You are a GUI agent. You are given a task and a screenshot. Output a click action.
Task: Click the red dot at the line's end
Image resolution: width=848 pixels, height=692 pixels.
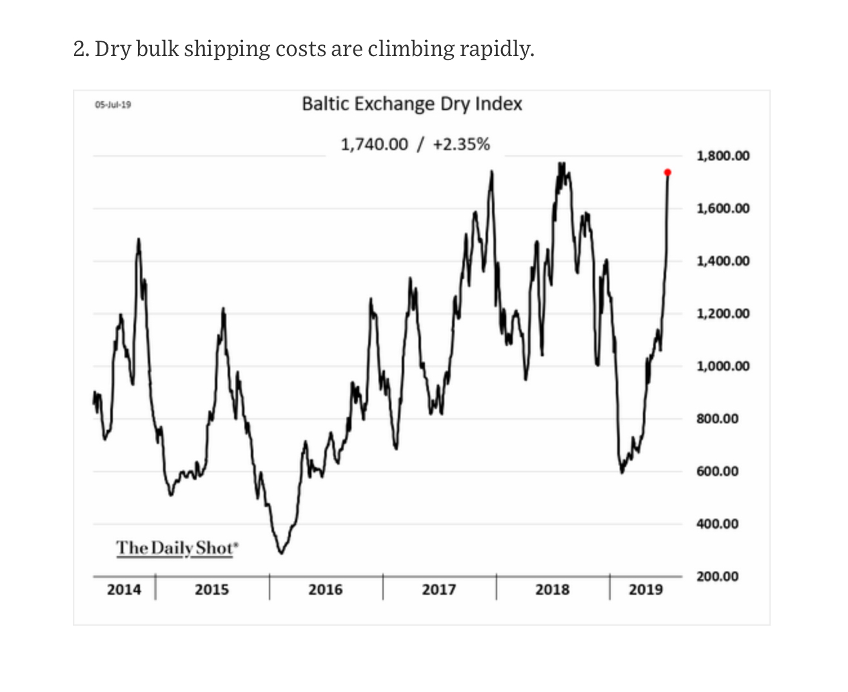point(667,172)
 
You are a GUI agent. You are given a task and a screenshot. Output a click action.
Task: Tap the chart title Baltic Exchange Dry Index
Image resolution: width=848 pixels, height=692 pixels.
point(411,104)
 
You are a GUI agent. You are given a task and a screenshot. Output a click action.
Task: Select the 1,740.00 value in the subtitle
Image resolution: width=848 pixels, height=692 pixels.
point(374,144)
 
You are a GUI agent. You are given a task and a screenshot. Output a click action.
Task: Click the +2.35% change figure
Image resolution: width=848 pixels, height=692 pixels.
point(461,144)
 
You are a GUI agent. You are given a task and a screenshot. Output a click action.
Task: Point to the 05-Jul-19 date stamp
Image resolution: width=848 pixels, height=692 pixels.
point(113,104)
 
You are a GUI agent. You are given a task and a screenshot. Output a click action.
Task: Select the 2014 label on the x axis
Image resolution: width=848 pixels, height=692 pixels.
point(124,589)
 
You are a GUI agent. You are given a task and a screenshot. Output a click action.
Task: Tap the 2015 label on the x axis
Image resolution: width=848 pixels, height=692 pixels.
point(212,589)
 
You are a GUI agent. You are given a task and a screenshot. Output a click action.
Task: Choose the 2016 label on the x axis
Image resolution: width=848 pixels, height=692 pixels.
point(325,589)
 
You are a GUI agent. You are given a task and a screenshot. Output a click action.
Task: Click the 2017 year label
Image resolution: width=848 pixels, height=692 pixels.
point(439,589)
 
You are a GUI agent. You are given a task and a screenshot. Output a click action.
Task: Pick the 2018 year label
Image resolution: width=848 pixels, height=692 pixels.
point(552,589)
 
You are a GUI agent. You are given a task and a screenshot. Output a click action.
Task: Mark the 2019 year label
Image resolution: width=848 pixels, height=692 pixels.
point(645,589)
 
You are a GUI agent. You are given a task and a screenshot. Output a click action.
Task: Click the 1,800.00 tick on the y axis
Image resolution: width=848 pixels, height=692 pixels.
point(723,156)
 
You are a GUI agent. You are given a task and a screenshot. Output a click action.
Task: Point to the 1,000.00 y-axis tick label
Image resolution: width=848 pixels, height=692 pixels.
point(723,366)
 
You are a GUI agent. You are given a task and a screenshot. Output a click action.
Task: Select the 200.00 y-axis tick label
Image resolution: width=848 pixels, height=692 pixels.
point(717,576)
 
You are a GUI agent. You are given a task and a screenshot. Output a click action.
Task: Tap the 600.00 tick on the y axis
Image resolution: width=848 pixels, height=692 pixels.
point(717,471)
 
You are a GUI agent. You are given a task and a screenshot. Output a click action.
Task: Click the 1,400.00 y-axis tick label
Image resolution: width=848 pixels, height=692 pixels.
point(723,261)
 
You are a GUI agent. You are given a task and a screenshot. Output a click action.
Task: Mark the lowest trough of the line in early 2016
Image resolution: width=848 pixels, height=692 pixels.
point(281,552)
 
